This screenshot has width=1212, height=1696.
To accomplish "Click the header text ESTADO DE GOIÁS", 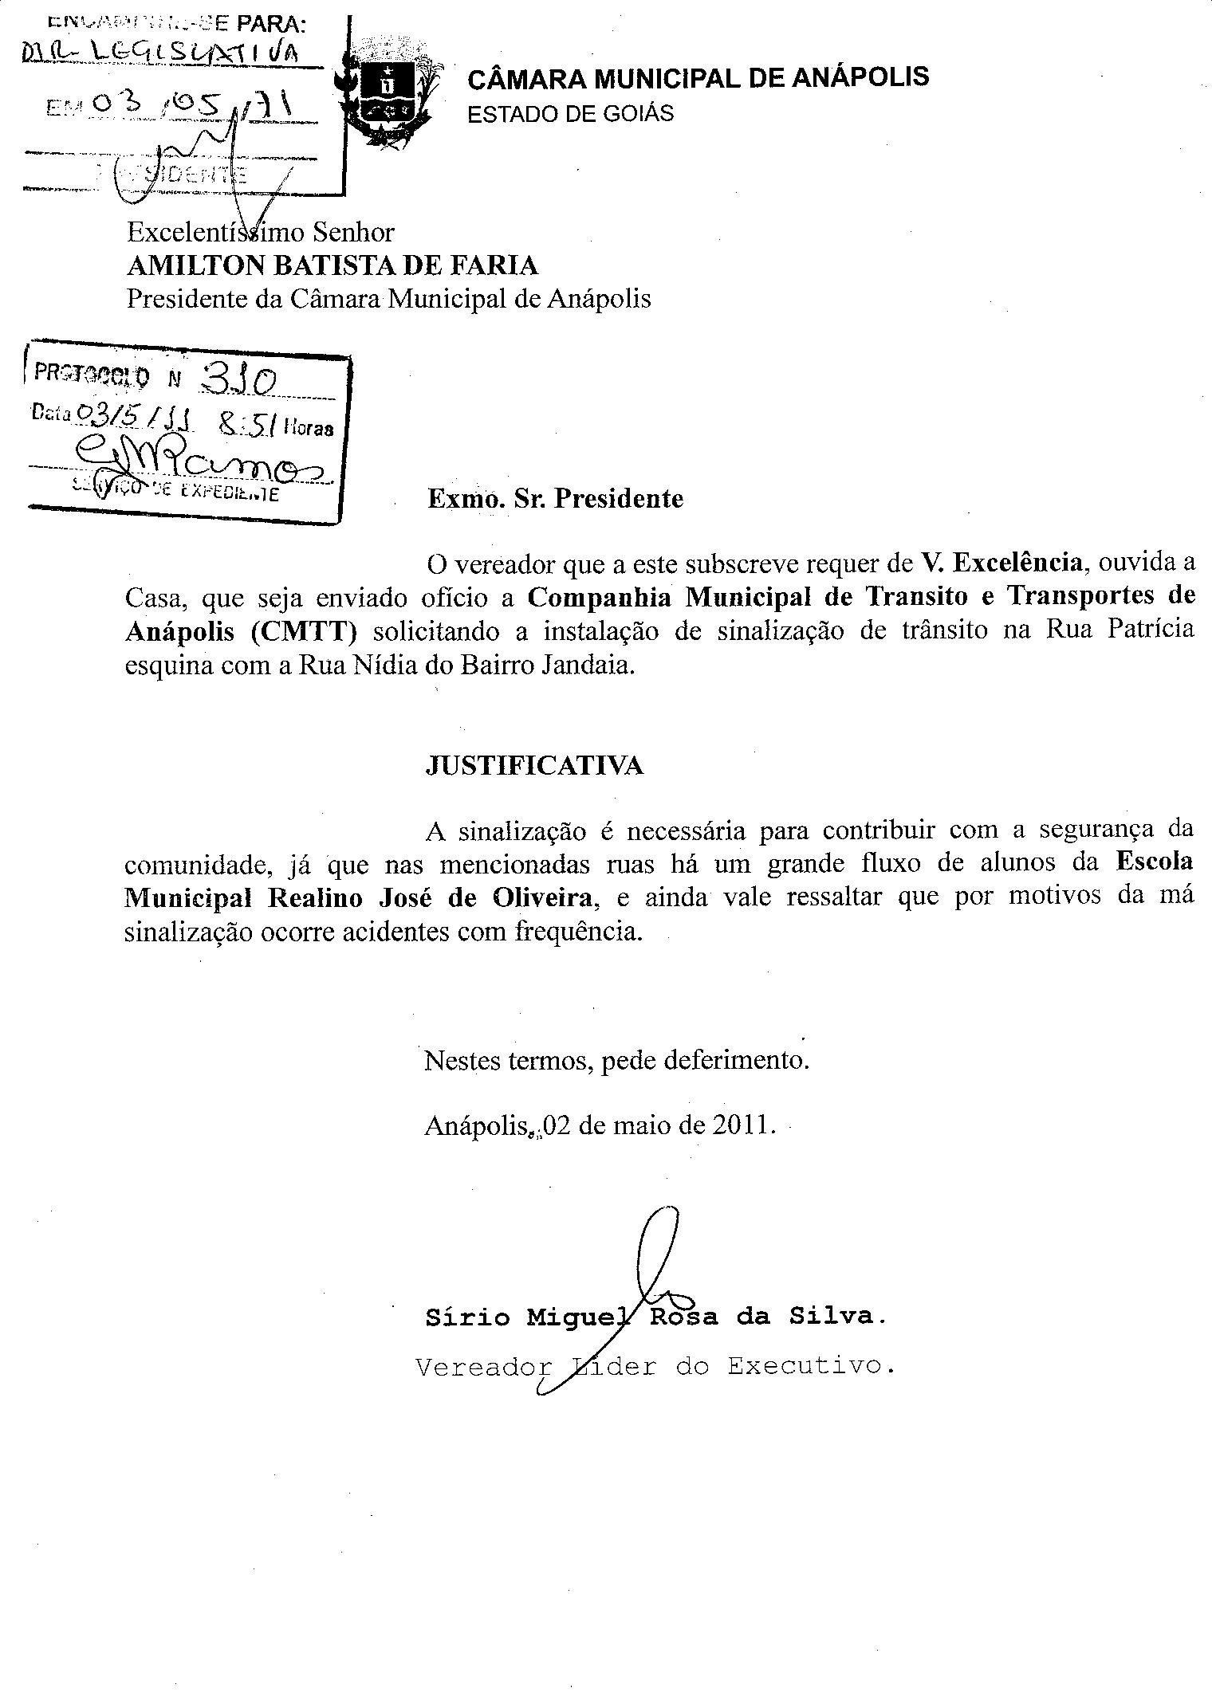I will [x=570, y=114].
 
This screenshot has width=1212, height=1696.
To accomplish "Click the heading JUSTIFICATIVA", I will [x=534, y=766].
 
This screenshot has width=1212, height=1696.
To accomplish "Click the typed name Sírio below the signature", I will [x=467, y=1317].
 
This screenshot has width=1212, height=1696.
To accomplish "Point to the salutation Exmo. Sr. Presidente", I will [x=555, y=499].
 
